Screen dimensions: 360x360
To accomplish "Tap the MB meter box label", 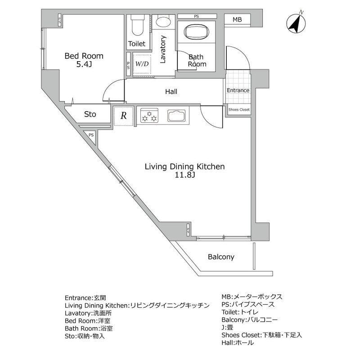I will click(237, 20).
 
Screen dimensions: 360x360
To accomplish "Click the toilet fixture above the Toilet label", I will click(137, 26).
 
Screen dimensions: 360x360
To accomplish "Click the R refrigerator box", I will click(123, 115).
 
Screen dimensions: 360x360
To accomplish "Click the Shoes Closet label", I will click(238, 110).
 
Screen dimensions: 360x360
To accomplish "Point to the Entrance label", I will click(238, 90).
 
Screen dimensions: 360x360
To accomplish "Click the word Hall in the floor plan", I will click(171, 92).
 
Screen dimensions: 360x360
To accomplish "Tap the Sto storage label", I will click(90, 114).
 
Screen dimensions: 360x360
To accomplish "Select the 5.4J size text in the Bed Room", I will click(84, 65).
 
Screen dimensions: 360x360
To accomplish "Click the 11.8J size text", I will click(184, 176).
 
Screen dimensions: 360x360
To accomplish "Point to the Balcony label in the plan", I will click(221, 257).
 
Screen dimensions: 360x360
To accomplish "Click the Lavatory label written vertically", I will click(163, 50).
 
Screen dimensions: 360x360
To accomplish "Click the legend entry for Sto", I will click(85, 335).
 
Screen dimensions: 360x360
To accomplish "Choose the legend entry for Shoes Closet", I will click(261, 335).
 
